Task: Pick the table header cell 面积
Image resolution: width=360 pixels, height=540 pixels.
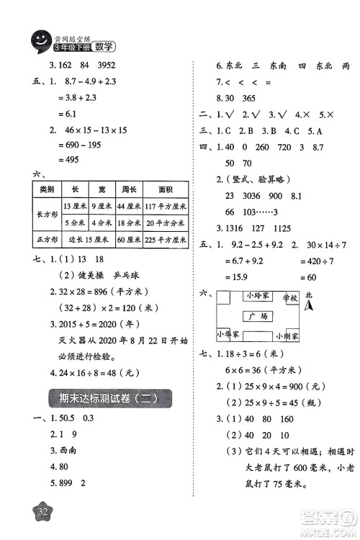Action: click(x=166, y=189)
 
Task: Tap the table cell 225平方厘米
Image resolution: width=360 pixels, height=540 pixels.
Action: click(x=166, y=240)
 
